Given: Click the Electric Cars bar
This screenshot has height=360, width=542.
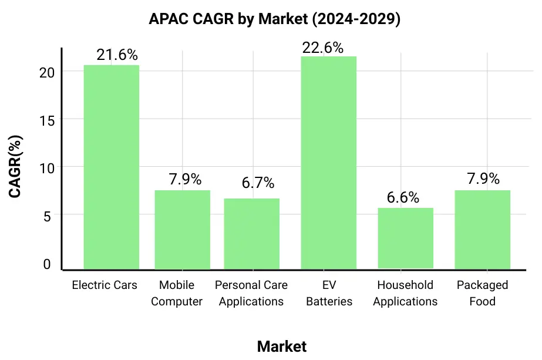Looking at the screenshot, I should pos(112,167).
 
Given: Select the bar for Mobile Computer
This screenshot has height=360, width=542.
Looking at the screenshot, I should pos(182,230).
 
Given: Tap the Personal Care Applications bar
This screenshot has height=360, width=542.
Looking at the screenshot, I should pos(252,234).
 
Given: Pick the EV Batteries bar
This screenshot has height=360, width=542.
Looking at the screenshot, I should pos(328,163).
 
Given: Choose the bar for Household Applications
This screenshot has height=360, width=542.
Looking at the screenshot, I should pos(405,238).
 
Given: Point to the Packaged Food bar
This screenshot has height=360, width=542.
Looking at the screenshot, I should pos(482,230).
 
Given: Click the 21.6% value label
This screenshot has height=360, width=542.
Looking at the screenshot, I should pos(117,55).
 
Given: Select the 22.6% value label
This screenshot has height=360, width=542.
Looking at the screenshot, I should pos(322,48).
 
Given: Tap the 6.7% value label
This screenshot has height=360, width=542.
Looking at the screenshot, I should pos(258,183).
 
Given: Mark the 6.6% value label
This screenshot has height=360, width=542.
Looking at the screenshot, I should pos(403,198).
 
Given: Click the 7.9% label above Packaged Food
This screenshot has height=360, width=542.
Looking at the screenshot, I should pos(483,179).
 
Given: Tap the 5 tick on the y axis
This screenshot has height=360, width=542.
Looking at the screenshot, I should pos(48,216).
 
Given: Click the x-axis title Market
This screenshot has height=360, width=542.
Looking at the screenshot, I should pos(281,346).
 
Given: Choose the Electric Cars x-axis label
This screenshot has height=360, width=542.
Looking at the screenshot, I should pos(105,285).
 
